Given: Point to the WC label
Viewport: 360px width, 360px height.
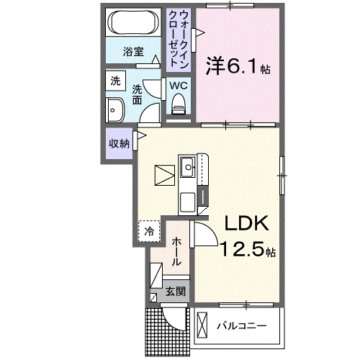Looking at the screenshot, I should point(179,86).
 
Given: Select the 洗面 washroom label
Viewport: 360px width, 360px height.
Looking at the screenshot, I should point(138,94).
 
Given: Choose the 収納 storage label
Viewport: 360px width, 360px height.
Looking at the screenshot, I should point(119,143).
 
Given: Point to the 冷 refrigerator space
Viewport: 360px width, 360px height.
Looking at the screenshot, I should point(148,232).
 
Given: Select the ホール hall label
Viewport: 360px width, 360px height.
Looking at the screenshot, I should point(176,251).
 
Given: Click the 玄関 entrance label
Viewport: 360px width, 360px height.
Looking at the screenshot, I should point(176,292).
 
